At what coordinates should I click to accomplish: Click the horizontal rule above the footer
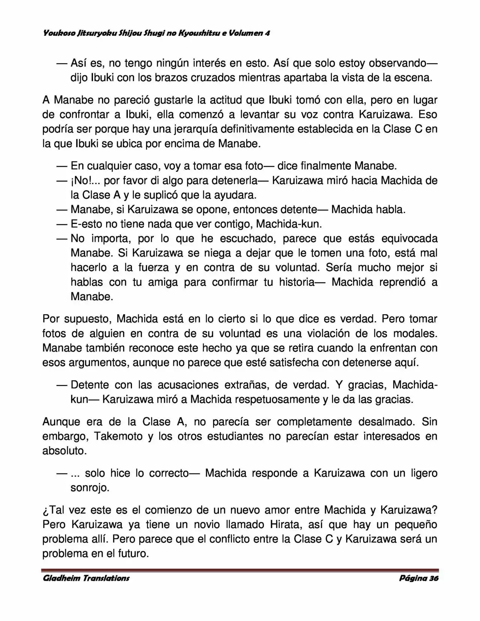pos(240,570)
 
